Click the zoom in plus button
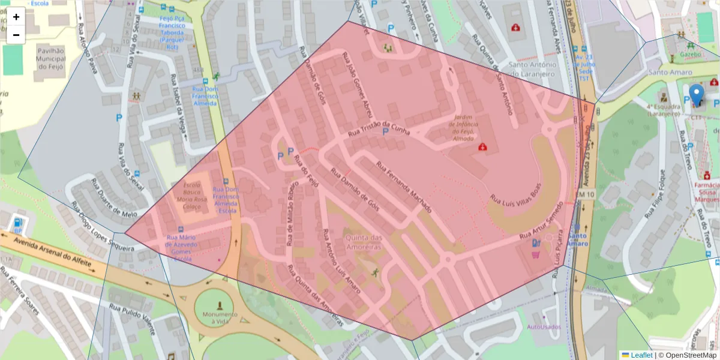click(16, 17)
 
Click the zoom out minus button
click(16, 35)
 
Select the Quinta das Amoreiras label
click(362, 242)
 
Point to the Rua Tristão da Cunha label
click(378, 123)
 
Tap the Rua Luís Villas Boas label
click(516, 191)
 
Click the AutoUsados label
click(543, 327)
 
